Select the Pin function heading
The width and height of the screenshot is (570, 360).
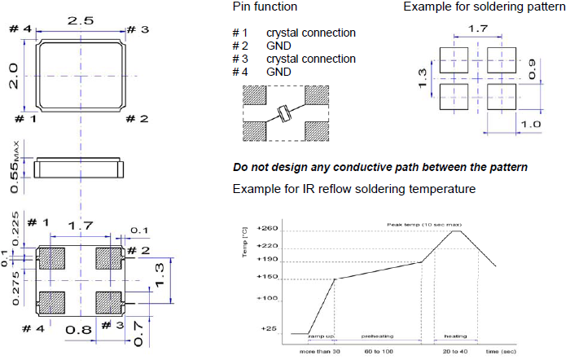click(x=264, y=7)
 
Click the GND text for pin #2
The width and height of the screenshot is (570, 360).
click(x=279, y=46)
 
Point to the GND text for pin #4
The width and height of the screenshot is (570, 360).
click(x=279, y=72)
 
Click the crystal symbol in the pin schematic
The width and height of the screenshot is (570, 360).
click(x=283, y=115)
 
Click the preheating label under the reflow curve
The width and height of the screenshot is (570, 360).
click(x=379, y=336)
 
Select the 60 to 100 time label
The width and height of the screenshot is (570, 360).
click(x=379, y=351)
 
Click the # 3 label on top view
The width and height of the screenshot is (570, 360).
click(x=138, y=30)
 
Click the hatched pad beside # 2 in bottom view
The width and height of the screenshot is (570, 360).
click(x=108, y=258)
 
